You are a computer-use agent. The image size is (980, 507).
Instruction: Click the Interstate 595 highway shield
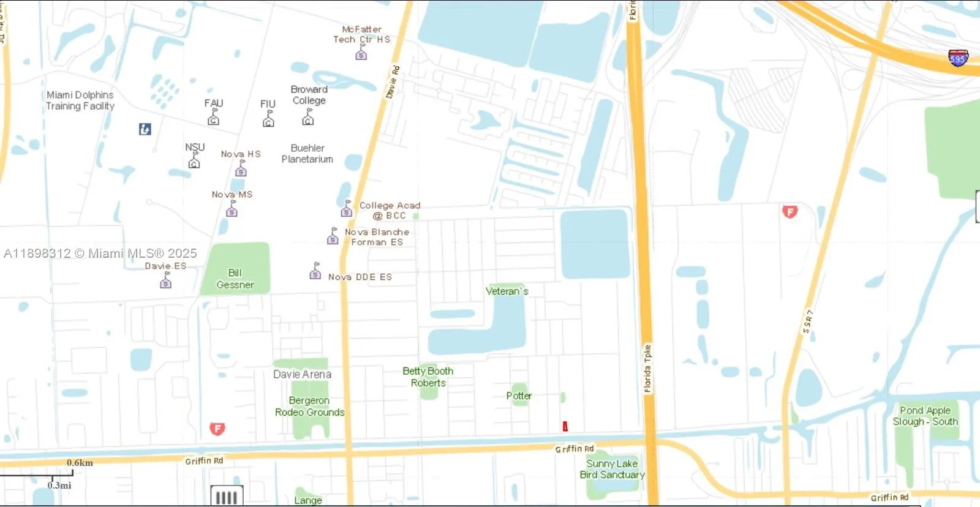958,58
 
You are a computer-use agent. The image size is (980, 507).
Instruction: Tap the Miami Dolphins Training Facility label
80,100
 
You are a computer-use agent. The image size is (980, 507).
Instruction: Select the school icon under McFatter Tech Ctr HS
361,54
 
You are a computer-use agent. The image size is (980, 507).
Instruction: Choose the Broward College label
309,95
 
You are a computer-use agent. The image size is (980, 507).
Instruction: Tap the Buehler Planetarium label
307,154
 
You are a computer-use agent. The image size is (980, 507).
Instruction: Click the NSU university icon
194,162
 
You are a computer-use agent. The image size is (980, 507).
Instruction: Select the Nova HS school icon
241,170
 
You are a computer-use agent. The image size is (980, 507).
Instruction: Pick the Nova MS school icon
232,210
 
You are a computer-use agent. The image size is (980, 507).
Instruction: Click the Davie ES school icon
165,282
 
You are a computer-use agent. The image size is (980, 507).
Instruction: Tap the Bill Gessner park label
235,279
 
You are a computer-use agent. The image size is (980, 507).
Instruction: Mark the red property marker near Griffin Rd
565,426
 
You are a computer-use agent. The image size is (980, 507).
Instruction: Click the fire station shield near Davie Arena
217,429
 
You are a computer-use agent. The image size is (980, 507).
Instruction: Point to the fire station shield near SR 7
790,212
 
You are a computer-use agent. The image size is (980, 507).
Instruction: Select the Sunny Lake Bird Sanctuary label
612,469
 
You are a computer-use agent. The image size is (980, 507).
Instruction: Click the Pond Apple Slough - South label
925,416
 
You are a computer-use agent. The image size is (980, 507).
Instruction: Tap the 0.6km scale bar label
80,463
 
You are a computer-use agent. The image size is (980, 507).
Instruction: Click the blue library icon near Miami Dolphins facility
145,129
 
